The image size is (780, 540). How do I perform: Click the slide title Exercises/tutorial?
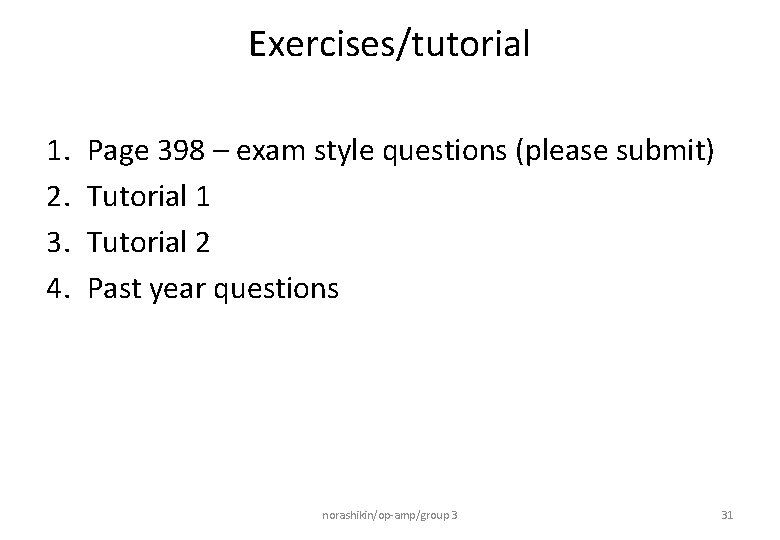[x=389, y=44]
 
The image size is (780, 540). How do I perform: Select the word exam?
[x=271, y=152]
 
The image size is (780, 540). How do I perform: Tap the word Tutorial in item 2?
[x=138, y=197]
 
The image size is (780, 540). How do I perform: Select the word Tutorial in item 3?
[x=138, y=243]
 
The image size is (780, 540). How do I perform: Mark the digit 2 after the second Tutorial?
[x=203, y=243]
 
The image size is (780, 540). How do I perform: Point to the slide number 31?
[x=727, y=515]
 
